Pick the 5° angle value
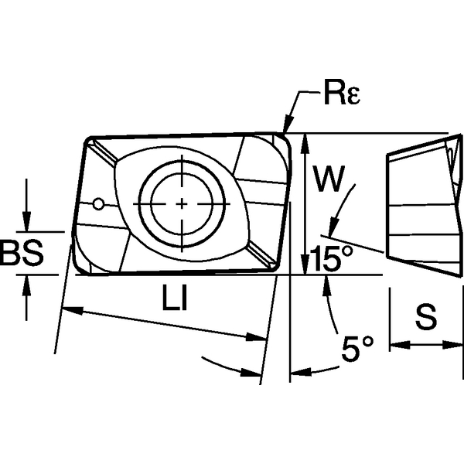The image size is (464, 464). [x=357, y=352]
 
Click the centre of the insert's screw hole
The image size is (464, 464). [x=181, y=203]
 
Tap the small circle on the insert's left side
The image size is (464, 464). [x=97, y=204]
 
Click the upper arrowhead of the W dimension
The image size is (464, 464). [x=308, y=140]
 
